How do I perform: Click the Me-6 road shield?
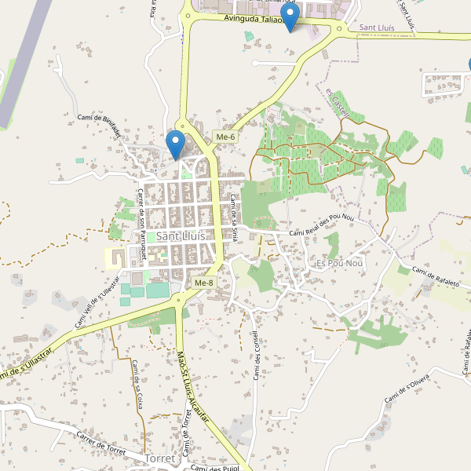[225, 137]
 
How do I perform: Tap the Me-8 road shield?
[203, 283]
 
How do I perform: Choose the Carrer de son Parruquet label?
[143, 223]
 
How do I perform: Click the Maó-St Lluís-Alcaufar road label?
[193, 388]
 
